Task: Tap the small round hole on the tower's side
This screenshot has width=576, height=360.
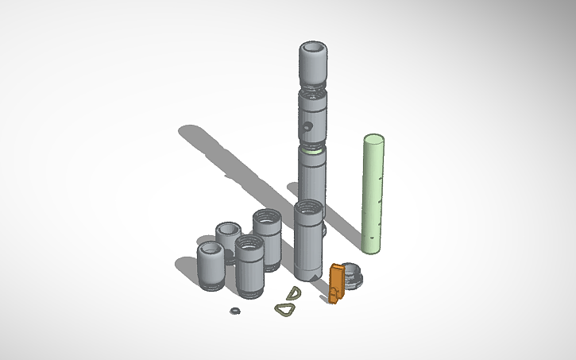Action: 305,126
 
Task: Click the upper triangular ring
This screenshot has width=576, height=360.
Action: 295,293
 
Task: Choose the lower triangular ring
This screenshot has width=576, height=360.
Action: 284,309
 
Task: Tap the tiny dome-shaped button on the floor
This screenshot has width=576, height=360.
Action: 234,310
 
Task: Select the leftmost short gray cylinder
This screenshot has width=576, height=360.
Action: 211,266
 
